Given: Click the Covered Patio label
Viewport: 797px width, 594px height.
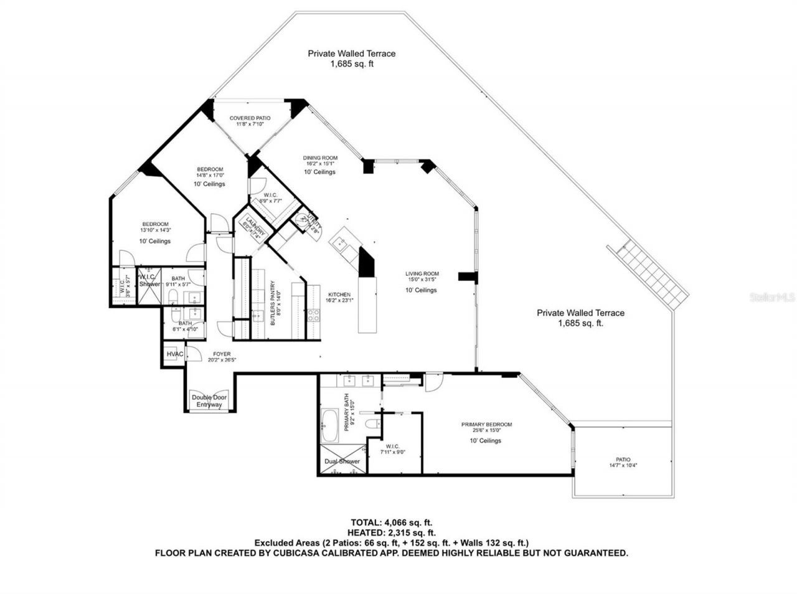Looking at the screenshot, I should pyautogui.click(x=249, y=118).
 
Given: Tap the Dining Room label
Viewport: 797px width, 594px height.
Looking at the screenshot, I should pyautogui.click(x=320, y=158).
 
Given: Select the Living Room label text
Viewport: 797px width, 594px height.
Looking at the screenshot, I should pyautogui.click(x=422, y=274).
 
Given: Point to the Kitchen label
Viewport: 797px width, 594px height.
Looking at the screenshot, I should pyautogui.click(x=339, y=295).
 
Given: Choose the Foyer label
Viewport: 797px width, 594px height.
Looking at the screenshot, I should pyautogui.click(x=222, y=354).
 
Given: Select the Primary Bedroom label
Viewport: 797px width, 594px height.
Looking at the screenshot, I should pyautogui.click(x=486, y=425).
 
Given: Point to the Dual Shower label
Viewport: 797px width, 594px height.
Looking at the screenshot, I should pyautogui.click(x=341, y=461).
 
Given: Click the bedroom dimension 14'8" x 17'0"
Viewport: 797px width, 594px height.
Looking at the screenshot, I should pyautogui.click(x=210, y=176).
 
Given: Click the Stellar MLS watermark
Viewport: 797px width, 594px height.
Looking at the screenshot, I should pyautogui.click(x=772, y=298).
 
